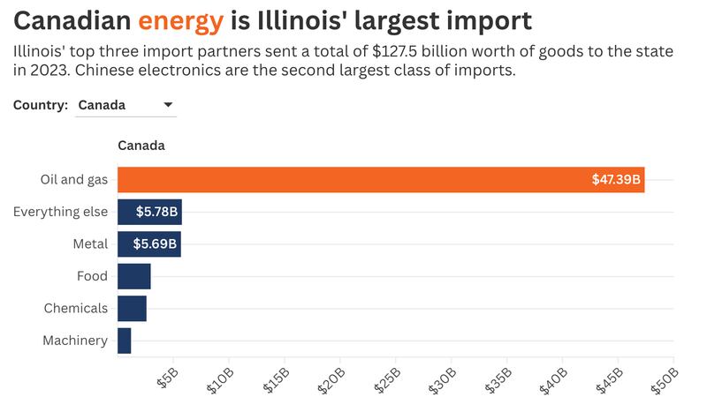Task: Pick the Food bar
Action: pyautogui.click(x=133, y=276)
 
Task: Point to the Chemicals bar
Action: pyautogui.click(x=132, y=308)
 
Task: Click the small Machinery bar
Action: pyautogui.click(x=124, y=341)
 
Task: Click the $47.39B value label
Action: pyautogui.click(x=616, y=180)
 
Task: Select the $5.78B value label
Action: pyautogui.click(x=156, y=212)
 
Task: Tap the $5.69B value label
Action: pyautogui.click(x=156, y=244)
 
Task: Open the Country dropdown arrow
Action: pyautogui.click(x=168, y=105)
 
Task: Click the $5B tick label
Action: pyautogui.click(x=166, y=378)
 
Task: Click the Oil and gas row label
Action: pyautogui.click(x=74, y=180)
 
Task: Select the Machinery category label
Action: pyautogui.click(x=75, y=341)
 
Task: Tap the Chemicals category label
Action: pyautogui.click(x=75, y=308)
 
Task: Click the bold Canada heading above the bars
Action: pyautogui.click(x=141, y=146)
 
